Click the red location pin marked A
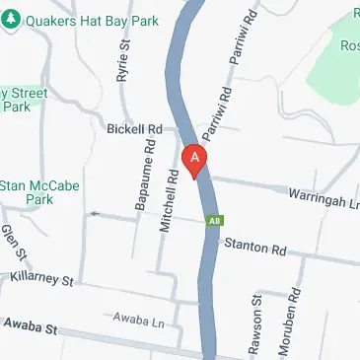point(196,160)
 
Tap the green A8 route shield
point(213,222)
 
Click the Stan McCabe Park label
point(39,192)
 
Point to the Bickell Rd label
point(134,129)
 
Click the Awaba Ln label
point(137,321)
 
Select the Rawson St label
point(256,328)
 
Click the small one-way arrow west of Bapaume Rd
point(95,213)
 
